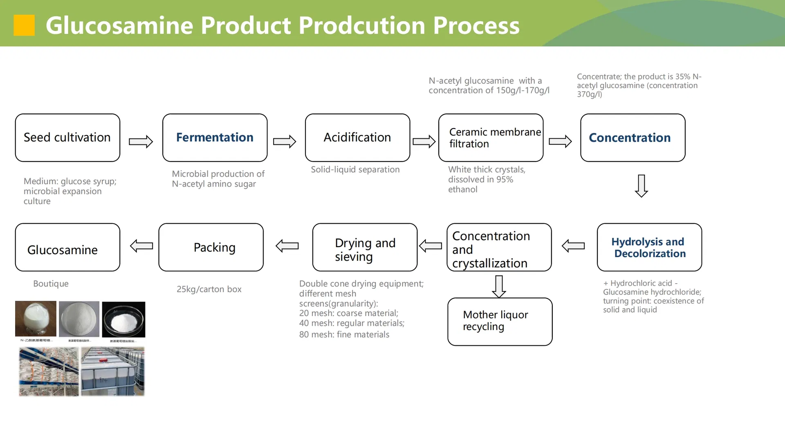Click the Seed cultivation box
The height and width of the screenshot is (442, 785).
(x=67, y=138)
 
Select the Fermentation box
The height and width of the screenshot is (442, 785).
(x=215, y=138)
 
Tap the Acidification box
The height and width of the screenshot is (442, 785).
(x=357, y=138)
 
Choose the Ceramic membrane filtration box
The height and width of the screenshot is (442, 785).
(x=491, y=138)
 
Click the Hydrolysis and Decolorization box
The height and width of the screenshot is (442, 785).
(x=649, y=247)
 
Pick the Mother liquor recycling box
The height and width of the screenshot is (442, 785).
(x=500, y=322)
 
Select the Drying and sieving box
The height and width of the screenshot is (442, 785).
(x=365, y=247)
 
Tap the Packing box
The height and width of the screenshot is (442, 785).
(x=211, y=247)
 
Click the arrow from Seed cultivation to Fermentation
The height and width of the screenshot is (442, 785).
(x=141, y=142)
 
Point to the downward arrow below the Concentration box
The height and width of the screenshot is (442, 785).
(x=641, y=186)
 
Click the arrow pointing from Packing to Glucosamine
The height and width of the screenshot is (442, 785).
(x=141, y=246)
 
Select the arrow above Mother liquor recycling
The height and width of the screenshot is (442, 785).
(x=499, y=286)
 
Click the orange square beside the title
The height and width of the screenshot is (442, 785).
(x=24, y=25)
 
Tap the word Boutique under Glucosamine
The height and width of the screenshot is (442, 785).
(x=51, y=284)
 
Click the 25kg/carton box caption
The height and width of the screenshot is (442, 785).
(x=209, y=289)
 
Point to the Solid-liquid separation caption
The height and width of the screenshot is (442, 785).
(x=355, y=169)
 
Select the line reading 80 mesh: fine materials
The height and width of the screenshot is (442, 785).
(x=344, y=334)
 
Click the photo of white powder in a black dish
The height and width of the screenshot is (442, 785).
(x=123, y=320)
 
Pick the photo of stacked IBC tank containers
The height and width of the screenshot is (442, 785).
(x=112, y=371)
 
